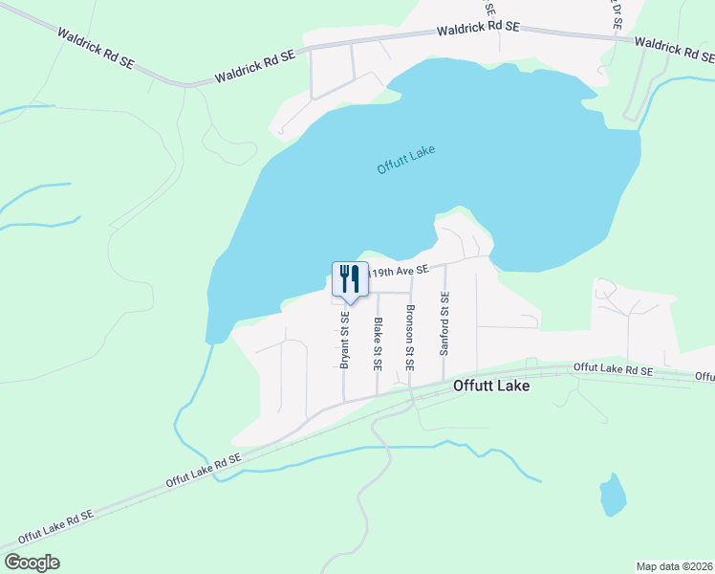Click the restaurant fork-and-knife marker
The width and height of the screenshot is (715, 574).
click(350, 279)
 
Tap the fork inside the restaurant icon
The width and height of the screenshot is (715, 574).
click(344, 278)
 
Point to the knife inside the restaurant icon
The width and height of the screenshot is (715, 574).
click(356, 278)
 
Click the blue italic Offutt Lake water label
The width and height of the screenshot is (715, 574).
click(406, 159)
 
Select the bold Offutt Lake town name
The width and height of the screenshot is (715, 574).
click(490, 387)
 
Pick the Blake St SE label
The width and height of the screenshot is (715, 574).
click(378, 343)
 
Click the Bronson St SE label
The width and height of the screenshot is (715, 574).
click(410, 337)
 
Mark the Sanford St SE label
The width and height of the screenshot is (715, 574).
click(444, 324)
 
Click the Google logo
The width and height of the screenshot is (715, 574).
click(32, 563)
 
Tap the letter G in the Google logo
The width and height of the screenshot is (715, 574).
click(11, 563)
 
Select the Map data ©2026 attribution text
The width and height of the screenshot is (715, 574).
click(673, 566)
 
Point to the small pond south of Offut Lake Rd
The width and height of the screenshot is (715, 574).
click(613, 497)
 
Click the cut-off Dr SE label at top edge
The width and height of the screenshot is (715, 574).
click(617, 13)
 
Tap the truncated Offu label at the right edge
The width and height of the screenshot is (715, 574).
click(704, 377)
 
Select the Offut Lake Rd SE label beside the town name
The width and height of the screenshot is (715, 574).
click(613, 368)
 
